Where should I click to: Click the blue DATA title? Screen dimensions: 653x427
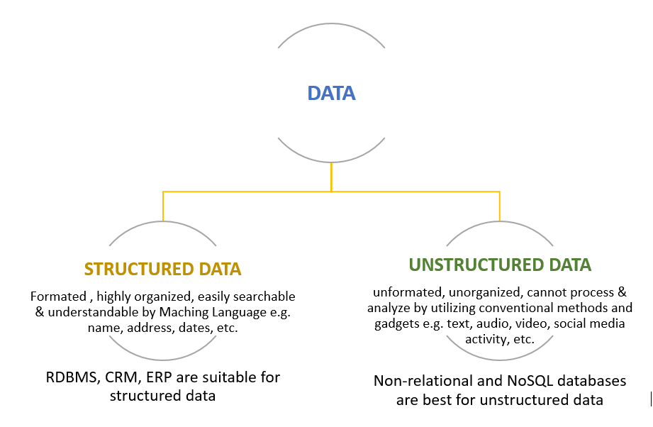pos(331,93)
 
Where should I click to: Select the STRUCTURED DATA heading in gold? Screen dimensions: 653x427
pos(163,269)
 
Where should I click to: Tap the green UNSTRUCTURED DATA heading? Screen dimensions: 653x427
pos(500,265)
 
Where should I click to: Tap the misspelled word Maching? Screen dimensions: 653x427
pos(184,312)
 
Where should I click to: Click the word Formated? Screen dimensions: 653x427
pos(58,296)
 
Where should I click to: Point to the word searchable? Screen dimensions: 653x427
pos(264,296)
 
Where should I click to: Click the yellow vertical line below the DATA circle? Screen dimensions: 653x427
pos(331,177)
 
